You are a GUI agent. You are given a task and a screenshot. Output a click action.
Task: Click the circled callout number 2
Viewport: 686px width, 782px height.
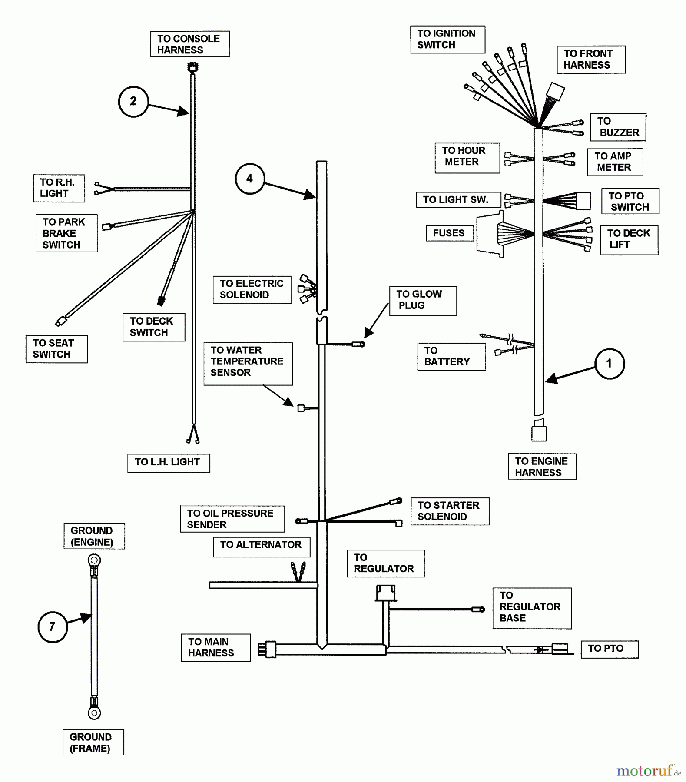[133, 102]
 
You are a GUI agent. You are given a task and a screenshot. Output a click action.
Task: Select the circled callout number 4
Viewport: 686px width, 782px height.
[249, 179]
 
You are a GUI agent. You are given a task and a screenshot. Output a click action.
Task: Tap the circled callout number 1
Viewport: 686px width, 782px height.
[609, 364]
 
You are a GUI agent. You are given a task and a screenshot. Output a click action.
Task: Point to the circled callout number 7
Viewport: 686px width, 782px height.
[53, 627]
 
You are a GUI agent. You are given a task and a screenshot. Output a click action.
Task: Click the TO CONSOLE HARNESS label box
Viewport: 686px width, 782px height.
[190, 44]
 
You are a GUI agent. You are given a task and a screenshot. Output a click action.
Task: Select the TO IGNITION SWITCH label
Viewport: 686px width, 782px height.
[447, 39]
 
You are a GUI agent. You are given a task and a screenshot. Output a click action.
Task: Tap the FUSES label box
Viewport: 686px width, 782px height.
[449, 233]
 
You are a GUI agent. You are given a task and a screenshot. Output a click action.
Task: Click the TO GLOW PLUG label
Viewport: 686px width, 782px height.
[423, 300]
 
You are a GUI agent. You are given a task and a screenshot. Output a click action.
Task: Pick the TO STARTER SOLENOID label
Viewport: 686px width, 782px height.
[450, 511]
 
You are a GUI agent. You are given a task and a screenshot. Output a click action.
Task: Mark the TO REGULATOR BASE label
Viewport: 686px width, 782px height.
[531, 607]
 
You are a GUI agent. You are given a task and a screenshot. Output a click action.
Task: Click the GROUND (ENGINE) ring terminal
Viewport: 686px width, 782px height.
[94, 560]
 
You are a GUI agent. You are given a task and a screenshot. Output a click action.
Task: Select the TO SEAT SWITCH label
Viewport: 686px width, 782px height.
[56, 349]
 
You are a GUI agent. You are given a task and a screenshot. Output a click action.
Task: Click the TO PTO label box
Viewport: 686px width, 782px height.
[609, 649]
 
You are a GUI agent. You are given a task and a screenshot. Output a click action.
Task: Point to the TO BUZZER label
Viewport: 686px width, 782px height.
[618, 127]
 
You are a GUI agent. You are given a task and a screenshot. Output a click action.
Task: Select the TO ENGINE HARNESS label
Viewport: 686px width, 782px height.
[542, 467]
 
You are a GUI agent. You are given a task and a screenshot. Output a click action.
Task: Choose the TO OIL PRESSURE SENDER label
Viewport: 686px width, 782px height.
[232, 519]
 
